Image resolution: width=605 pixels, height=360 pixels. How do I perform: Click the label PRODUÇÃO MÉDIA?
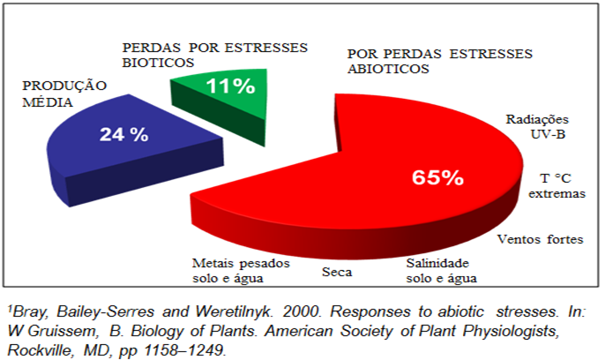(64, 94)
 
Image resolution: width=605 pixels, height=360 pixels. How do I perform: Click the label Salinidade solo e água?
(443, 271)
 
